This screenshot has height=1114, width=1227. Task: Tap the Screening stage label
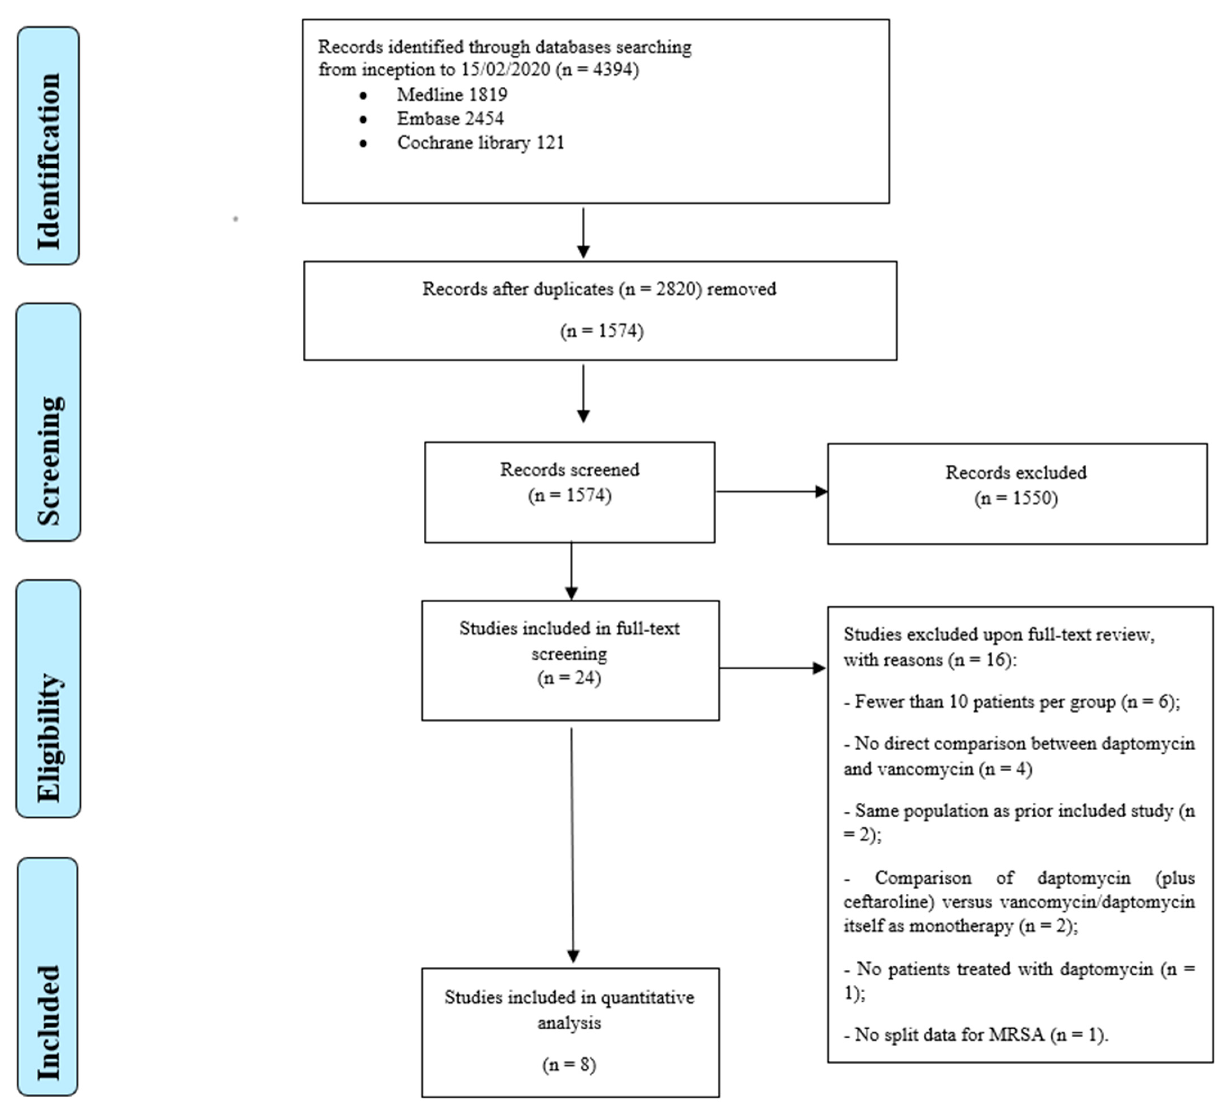coord(48,422)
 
